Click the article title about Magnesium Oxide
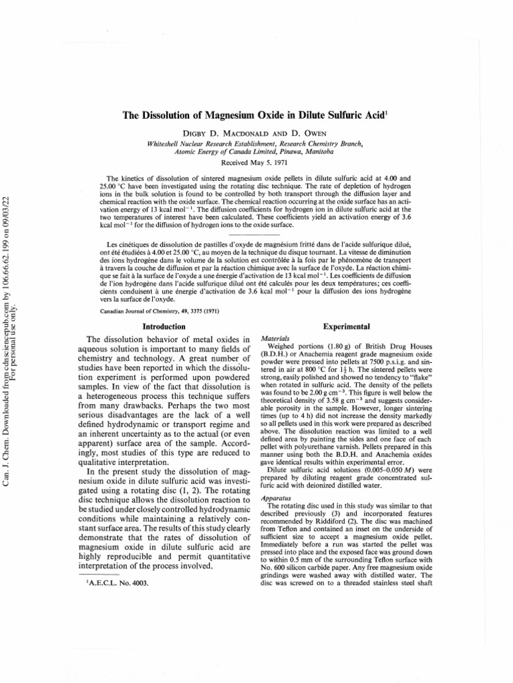coord(256,115)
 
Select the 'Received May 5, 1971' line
coord(256,162)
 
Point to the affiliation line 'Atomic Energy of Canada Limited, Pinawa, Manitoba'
coord(256,152)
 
